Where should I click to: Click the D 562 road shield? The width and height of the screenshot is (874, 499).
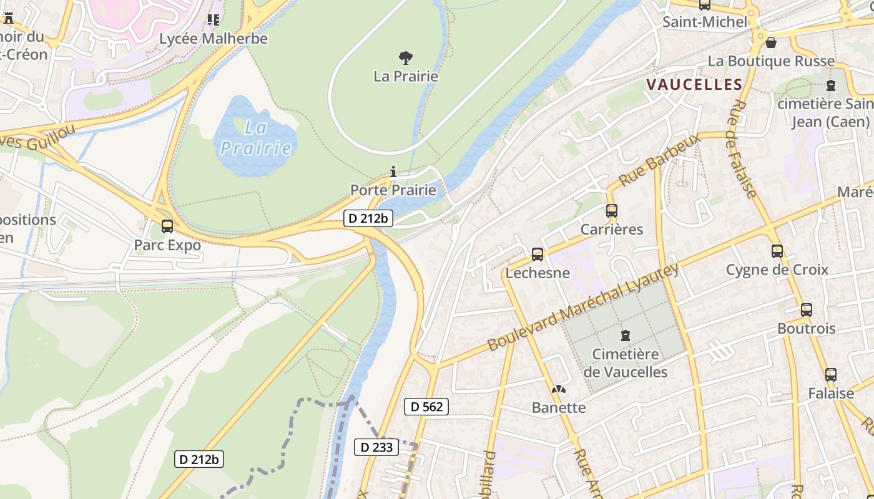[x=426, y=407]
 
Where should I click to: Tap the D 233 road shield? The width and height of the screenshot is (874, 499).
[x=377, y=447]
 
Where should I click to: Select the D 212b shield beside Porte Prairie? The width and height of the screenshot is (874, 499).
[x=368, y=218]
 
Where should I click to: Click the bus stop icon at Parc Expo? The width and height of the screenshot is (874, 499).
[x=167, y=226]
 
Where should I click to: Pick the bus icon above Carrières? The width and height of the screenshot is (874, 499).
[x=611, y=211]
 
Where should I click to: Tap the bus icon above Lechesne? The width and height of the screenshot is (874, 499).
[x=537, y=254]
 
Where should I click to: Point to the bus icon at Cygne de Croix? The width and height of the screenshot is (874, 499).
[x=777, y=251]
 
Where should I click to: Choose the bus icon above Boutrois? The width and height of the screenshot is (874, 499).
[x=806, y=309]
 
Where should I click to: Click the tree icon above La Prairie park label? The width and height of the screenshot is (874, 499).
[x=406, y=58]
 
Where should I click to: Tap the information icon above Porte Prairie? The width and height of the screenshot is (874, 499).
[x=393, y=172]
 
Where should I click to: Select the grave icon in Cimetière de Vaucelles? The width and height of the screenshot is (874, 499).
[x=625, y=336]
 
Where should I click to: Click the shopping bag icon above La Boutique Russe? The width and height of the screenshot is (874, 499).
[x=771, y=42]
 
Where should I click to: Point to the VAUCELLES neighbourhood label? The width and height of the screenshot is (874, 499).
[x=694, y=85]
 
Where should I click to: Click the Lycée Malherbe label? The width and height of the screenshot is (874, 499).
[x=214, y=39]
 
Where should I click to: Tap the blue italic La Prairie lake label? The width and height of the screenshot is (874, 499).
[x=256, y=138]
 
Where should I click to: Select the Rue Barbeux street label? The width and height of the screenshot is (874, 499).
[x=660, y=159]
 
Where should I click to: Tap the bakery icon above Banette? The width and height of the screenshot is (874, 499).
[x=558, y=389]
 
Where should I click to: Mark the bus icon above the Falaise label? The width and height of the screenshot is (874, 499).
[x=830, y=375]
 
